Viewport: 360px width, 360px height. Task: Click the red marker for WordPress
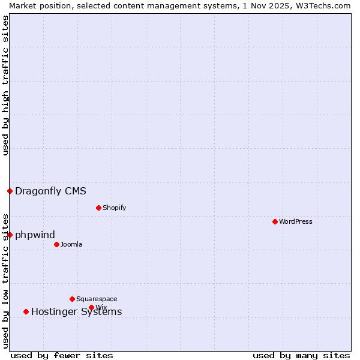275,221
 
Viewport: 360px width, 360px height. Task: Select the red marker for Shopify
98,208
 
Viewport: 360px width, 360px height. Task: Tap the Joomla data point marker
56,244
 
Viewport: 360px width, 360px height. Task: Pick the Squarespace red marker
72,299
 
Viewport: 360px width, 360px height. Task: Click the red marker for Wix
91,307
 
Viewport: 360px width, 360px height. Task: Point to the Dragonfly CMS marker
10,191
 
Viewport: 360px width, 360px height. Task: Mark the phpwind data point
10,235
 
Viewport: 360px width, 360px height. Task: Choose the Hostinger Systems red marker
26,311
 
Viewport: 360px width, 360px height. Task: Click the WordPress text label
295,221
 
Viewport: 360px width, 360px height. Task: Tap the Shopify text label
114,208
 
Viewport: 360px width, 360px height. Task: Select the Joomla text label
71,244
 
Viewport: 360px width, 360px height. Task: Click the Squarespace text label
97,299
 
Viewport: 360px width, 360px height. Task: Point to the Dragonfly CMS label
50,191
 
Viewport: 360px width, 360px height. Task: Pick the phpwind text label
35,235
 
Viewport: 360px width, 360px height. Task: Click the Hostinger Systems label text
76,312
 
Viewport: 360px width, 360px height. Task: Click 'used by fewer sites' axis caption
62,356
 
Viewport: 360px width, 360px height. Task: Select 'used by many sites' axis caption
301,356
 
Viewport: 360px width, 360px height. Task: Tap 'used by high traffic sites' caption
5,86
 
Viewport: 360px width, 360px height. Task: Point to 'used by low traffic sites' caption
5,281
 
